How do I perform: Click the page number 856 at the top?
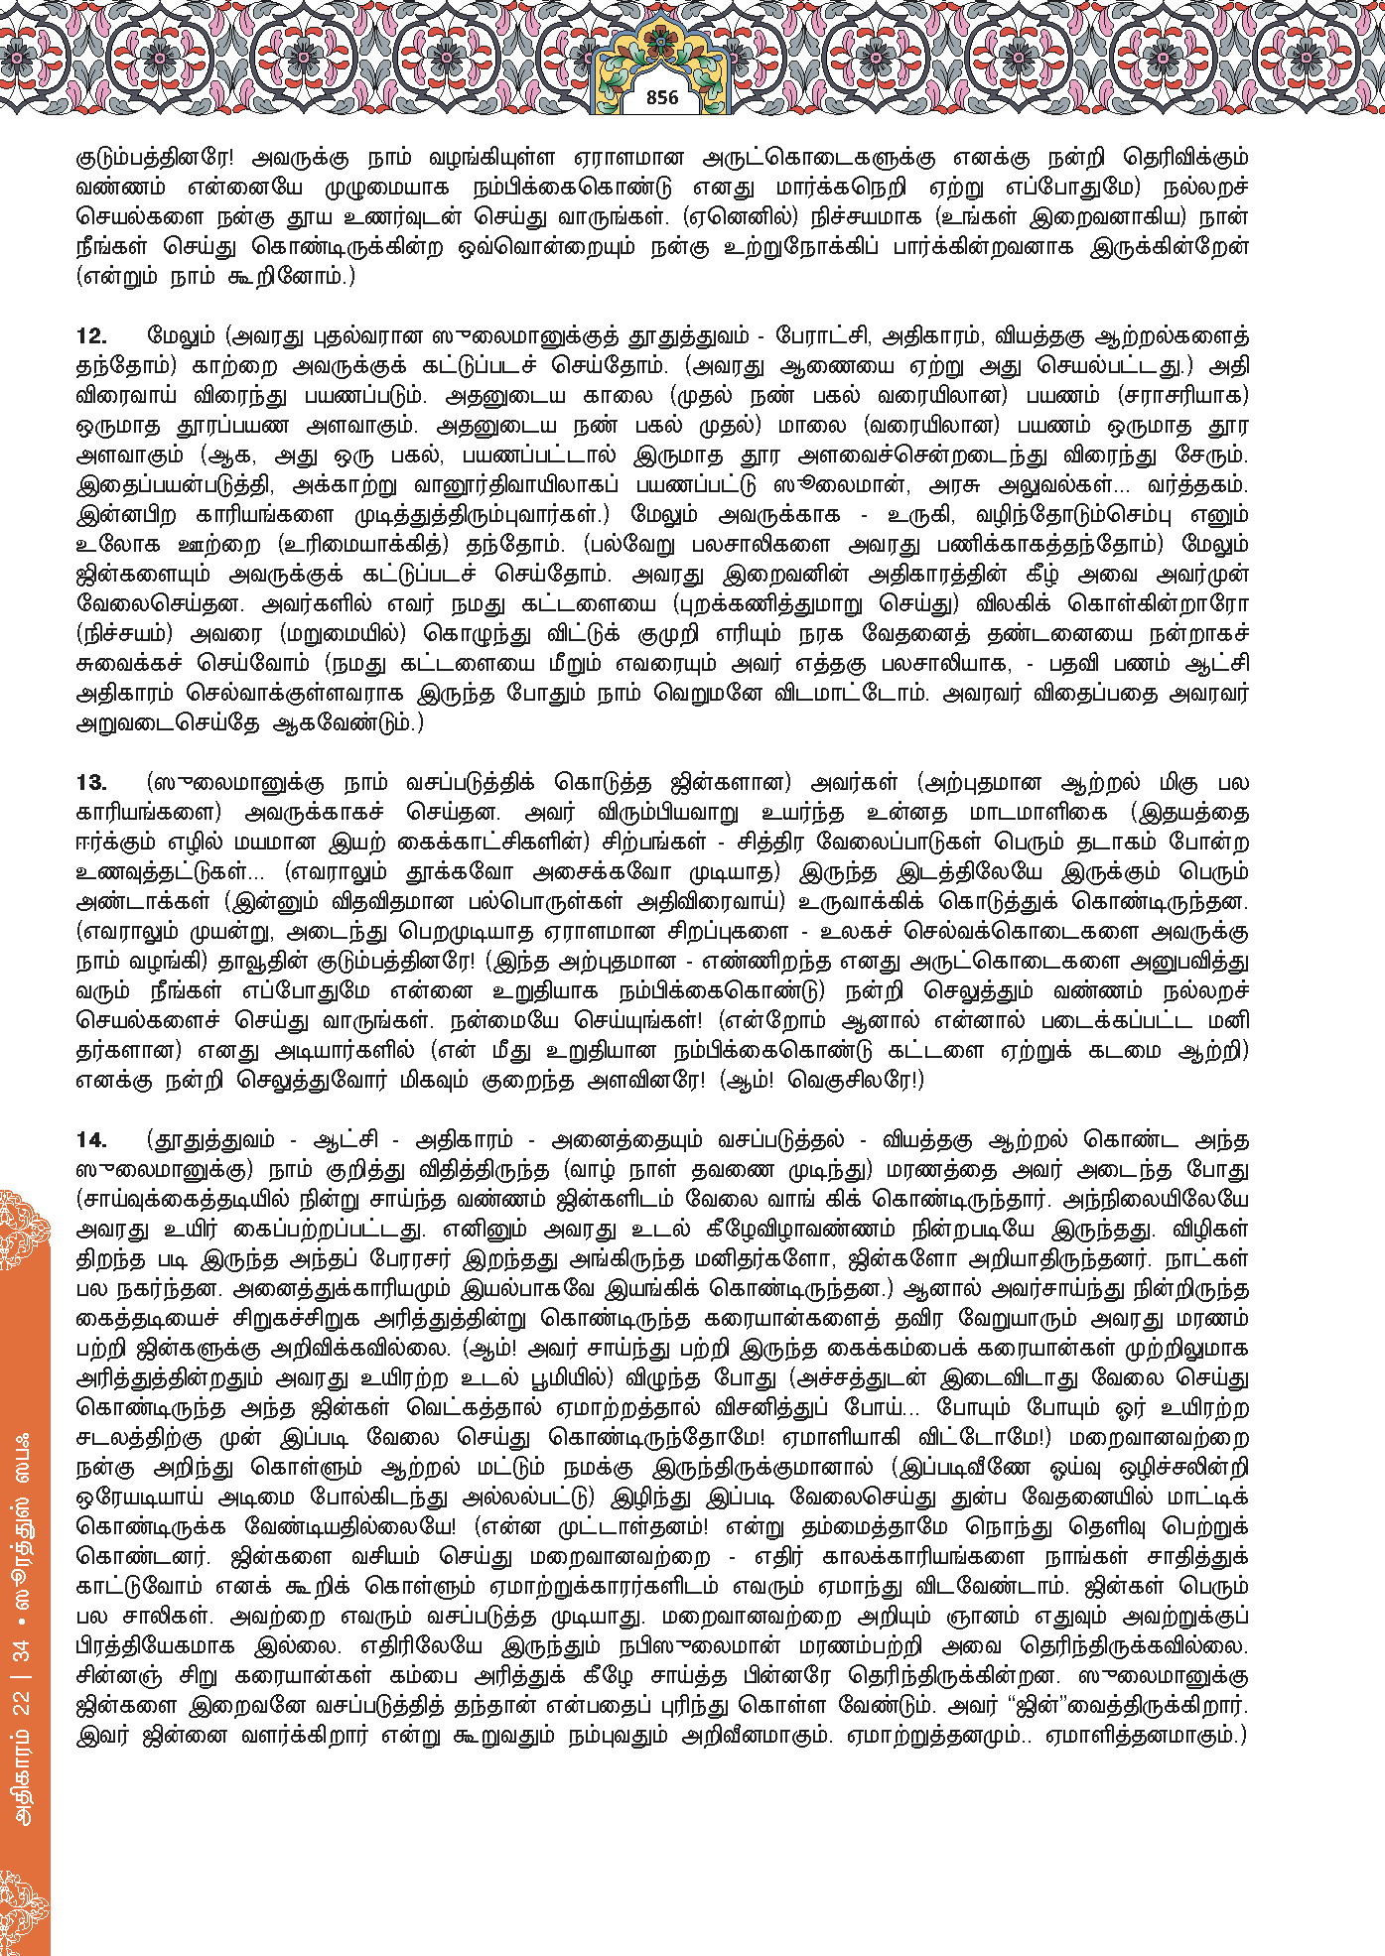[x=661, y=97]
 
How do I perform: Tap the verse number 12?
[x=91, y=336]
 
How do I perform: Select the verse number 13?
[x=91, y=783]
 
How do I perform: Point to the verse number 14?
[x=91, y=1140]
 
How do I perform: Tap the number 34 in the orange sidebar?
[x=22, y=1652]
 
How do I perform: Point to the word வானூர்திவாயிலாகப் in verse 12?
[x=524, y=485]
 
